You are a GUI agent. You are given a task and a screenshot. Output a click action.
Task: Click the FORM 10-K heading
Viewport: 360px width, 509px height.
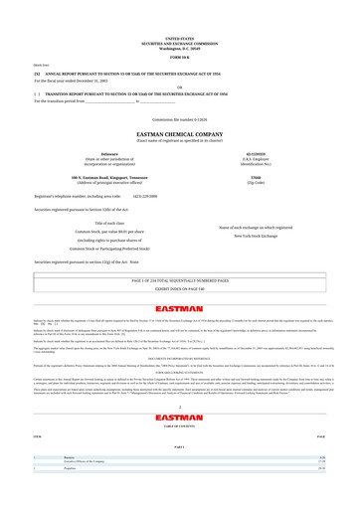click(180, 26)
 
